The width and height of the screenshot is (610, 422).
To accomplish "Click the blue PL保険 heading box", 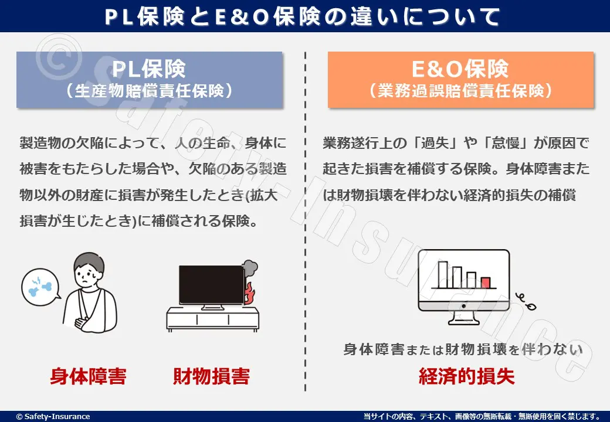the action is pos(150,80).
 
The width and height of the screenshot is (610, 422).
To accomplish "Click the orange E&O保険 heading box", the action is pos(460,80).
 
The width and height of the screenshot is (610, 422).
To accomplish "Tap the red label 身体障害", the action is pos(89,376).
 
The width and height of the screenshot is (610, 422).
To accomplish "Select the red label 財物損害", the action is pos(211,376).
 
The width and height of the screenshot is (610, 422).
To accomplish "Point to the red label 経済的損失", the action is pos(466,376).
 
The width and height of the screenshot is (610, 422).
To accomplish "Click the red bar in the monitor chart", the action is pos(486,283).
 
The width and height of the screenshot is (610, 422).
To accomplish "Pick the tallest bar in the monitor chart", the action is pos(443,275).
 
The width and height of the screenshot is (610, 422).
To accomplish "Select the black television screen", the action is pos(212,285).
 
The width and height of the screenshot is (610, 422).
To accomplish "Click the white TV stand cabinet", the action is pos(212,319).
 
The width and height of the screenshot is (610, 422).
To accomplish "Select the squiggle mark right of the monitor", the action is pos(526,301).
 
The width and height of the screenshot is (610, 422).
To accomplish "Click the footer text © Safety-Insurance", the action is pos(53,416).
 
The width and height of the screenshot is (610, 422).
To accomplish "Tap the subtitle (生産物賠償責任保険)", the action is pos(150,91).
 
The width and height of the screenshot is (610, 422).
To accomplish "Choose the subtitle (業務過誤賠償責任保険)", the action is pos(460,91).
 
